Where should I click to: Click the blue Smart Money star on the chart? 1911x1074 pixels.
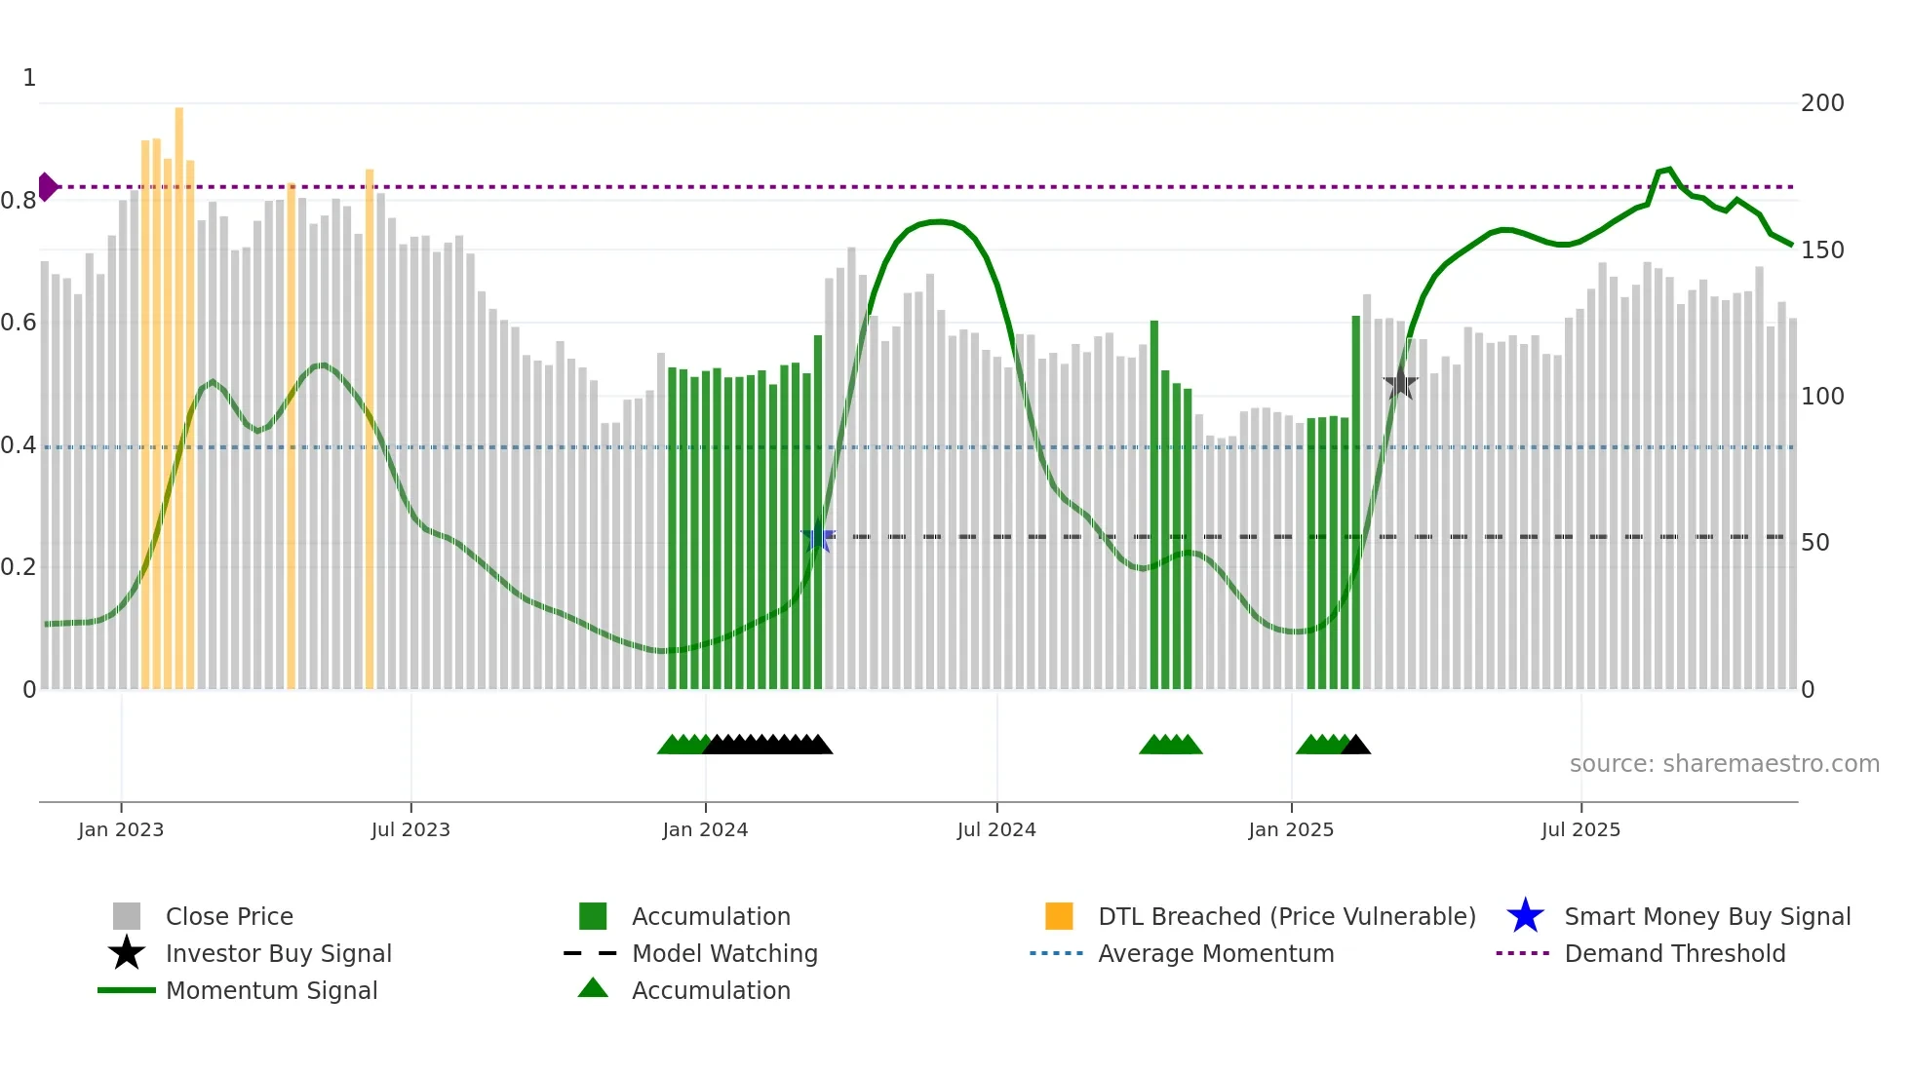818,537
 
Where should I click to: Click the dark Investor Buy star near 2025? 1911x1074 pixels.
1400,384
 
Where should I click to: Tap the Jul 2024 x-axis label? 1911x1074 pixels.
996,830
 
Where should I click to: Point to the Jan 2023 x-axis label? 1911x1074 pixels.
121,830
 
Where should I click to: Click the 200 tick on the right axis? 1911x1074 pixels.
1821,103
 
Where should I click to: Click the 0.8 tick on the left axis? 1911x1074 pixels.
19,201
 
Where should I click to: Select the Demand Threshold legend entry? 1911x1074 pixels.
1674,954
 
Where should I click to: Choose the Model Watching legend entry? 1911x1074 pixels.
723,954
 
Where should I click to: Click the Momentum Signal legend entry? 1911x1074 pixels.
271,991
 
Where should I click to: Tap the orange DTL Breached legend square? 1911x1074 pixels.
1059,916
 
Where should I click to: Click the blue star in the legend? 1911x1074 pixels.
1525,916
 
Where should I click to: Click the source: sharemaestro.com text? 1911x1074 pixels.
1724,764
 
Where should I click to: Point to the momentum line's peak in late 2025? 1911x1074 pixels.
1669,170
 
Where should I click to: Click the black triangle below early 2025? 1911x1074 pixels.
1356,746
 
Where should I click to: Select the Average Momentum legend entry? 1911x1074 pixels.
1215,954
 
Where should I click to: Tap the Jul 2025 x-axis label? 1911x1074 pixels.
1580,830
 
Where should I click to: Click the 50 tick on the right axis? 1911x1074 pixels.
1814,543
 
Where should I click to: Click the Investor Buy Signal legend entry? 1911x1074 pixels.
278,954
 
